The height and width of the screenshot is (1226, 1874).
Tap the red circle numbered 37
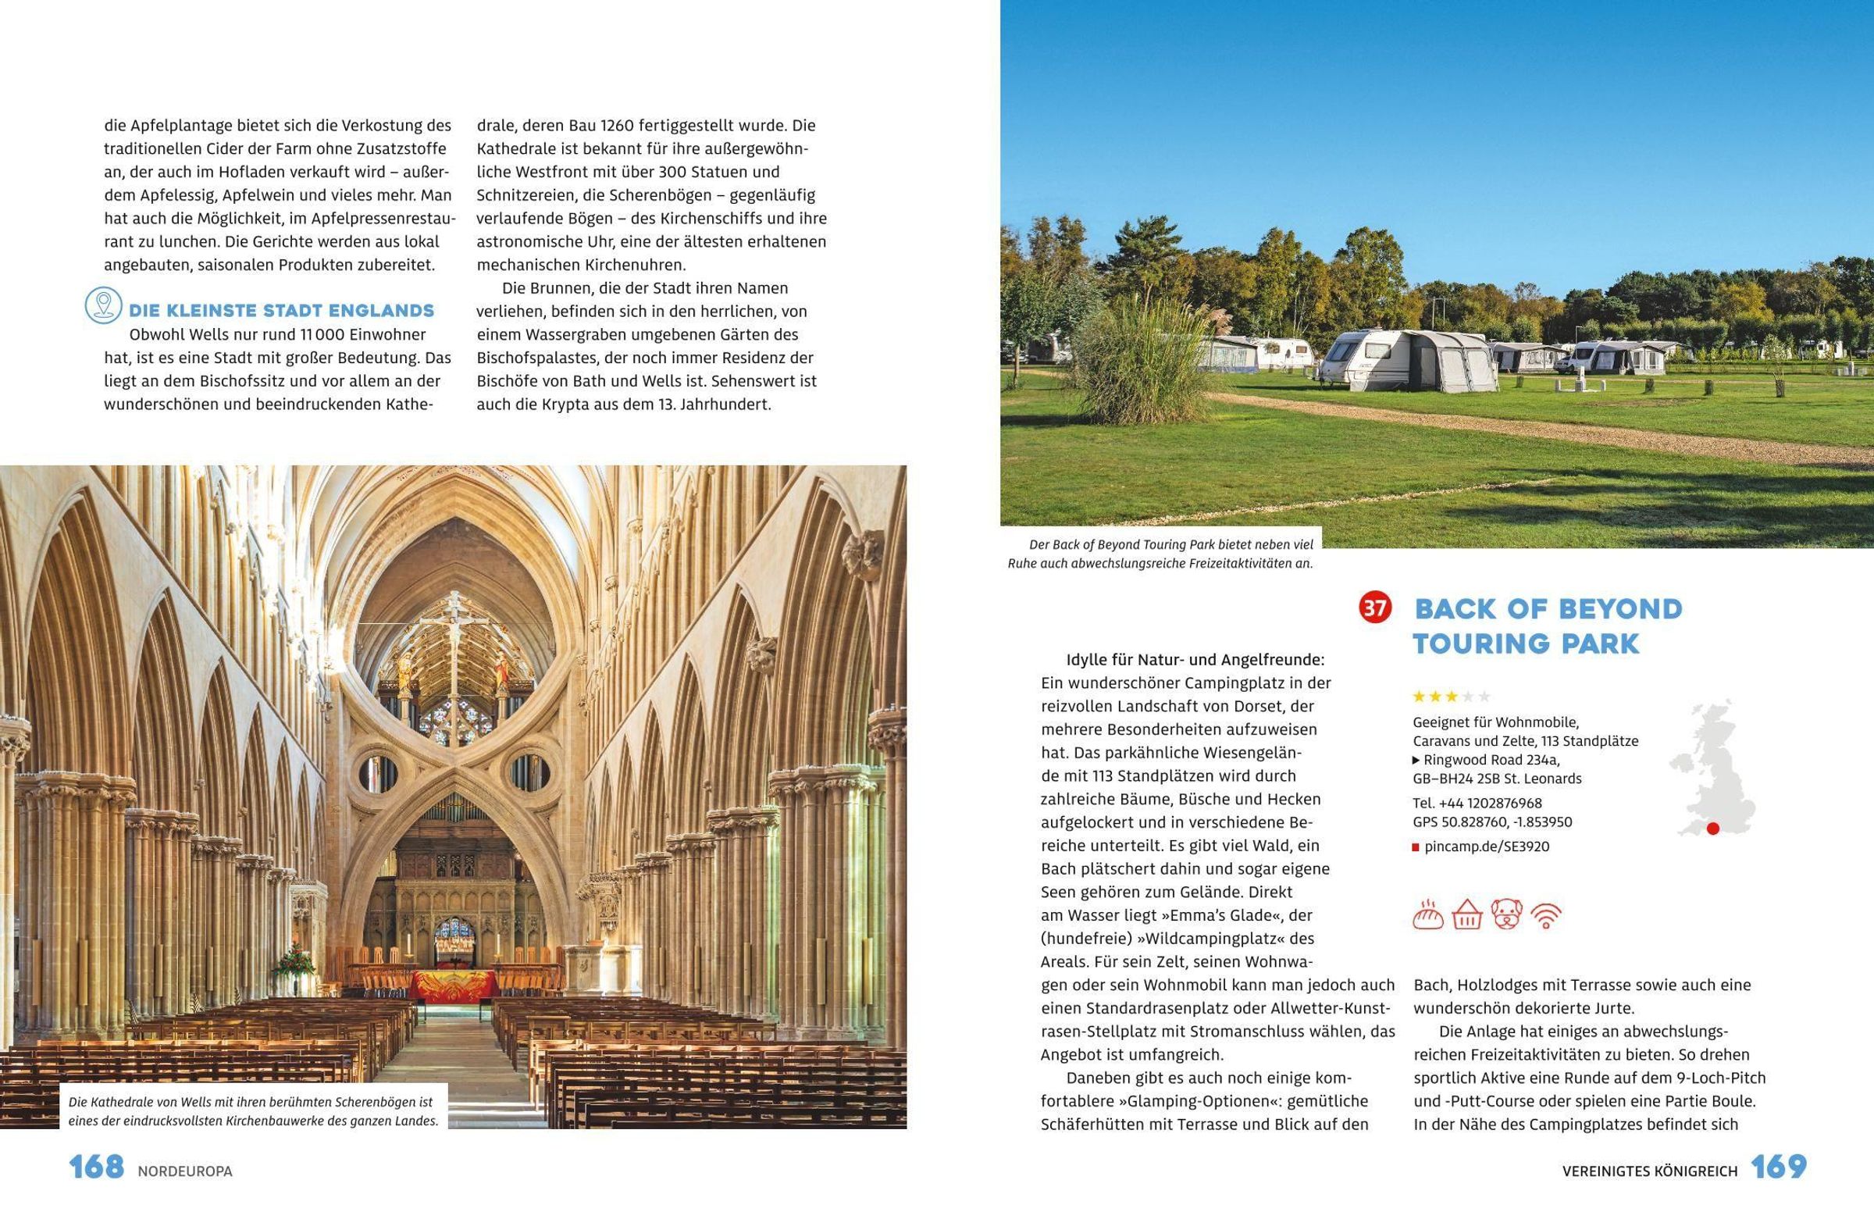click(x=1376, y=608)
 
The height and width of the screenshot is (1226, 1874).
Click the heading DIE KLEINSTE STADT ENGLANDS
click(x=281, y=310)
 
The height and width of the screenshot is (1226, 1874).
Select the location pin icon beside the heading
click(x=103, y=305)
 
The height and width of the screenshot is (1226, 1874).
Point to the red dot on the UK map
click(x=1712, y=829)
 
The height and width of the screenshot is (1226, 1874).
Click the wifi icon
click(x=1547, y=915)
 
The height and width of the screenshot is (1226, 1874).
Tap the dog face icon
click(x=1506, y=915)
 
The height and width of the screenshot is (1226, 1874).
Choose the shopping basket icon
click(x=1467, y=915)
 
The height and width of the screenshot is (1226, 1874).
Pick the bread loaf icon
click(x=1428, y=915)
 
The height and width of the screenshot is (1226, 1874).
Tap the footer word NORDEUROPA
click(x=185, y=1171)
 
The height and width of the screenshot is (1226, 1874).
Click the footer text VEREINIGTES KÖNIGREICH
click(x=1650, y=1171)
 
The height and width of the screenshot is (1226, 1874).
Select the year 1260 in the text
click(x=618, y=125)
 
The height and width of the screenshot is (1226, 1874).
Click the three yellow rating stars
click(x=1435, y=696)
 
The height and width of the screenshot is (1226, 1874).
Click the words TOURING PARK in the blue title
click(x=1526, y=644)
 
